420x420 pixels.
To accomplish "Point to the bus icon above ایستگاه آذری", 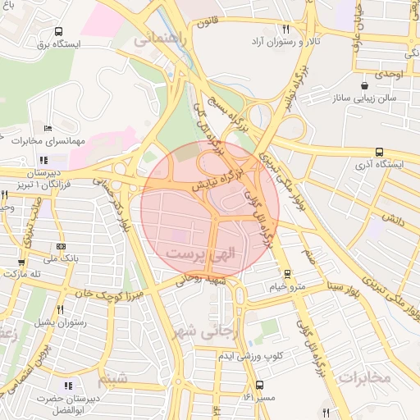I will [378, 152].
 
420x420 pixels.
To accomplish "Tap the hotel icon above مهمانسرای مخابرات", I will [48, 129].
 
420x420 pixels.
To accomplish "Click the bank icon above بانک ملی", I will [62, 247].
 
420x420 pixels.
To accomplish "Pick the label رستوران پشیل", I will [61, 322].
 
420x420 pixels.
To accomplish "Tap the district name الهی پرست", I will [201, 255].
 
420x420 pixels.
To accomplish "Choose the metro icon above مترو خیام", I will [286, 274].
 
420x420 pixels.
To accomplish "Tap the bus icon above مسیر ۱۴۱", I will [259, 385].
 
